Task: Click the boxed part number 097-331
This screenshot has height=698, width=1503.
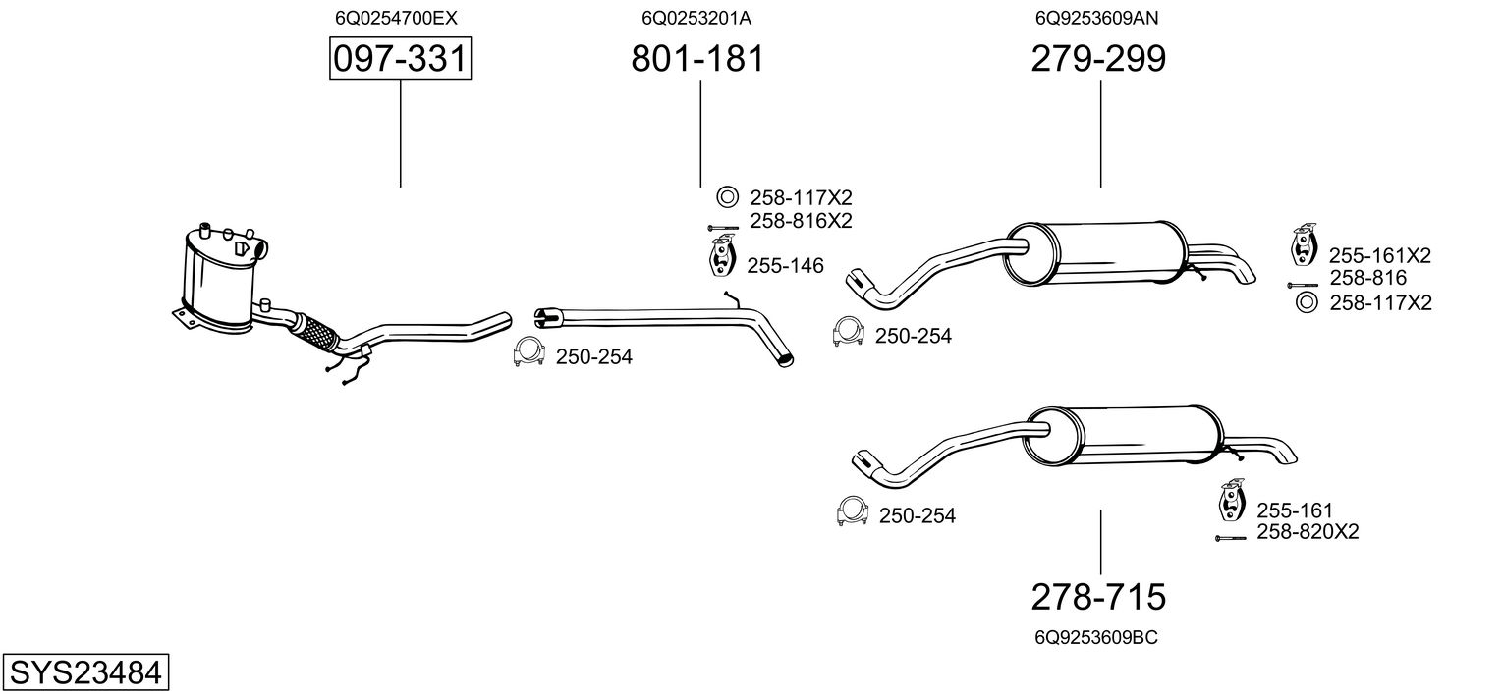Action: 400,60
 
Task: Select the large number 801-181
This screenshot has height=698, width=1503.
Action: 696,60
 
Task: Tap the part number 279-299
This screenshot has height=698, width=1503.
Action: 1098,60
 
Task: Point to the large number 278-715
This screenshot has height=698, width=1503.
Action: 1098,596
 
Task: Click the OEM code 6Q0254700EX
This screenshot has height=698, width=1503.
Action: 396,18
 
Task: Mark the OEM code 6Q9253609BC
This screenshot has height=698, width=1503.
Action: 1095,637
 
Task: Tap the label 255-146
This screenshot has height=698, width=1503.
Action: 785,265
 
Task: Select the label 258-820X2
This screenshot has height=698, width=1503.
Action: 1308,532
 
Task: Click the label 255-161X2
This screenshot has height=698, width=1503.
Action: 1379,256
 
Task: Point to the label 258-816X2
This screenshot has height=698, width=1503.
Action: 801,221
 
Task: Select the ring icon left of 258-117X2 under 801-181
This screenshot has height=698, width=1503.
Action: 726,198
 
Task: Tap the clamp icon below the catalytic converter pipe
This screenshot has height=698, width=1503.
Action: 529,352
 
